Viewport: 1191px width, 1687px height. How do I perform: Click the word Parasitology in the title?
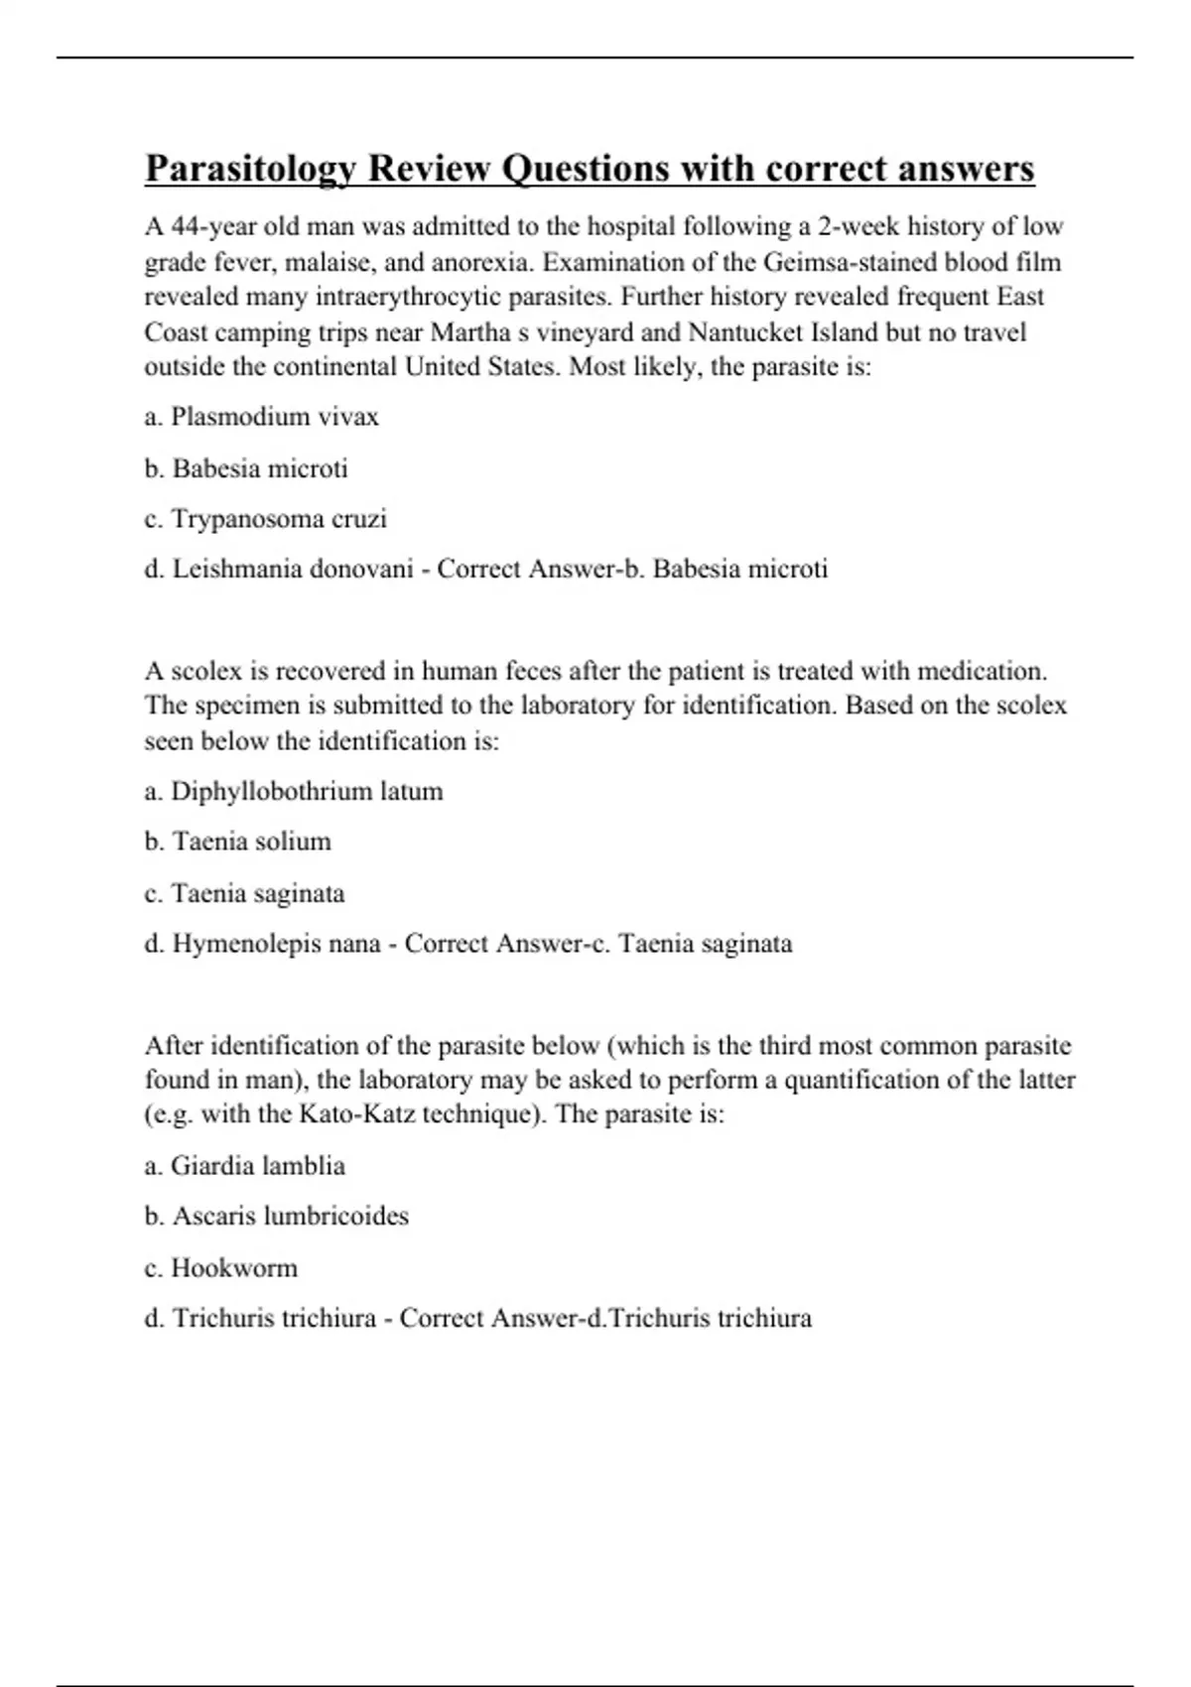point(252,170)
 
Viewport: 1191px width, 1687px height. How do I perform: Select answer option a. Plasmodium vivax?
point(261,417)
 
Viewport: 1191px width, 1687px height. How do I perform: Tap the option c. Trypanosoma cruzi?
point(265,519)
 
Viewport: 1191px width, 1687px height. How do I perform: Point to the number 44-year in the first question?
point(214,227)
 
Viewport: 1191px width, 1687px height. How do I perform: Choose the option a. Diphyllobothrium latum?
point(294,792)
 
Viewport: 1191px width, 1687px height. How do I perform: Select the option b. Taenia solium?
point(237,842)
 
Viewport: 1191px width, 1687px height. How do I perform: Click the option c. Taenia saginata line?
point(244,893)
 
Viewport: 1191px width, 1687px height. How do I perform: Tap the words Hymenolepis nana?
point(277,944)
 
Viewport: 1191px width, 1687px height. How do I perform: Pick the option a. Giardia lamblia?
point(244,1166)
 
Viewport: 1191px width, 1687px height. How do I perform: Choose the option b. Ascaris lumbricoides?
point(276,1217)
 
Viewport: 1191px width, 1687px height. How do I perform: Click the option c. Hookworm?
point(220,1268)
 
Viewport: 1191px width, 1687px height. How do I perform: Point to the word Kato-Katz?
point(357,1114)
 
